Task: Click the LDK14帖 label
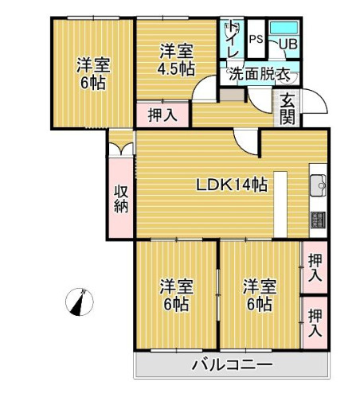point(232,185)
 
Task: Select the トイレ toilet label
point(233,38)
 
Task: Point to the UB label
point(288,43)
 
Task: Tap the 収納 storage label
point(121,199)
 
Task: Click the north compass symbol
point(81,302)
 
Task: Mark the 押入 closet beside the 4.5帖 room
point(162,115)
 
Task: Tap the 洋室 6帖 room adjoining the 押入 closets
point(259,294)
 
